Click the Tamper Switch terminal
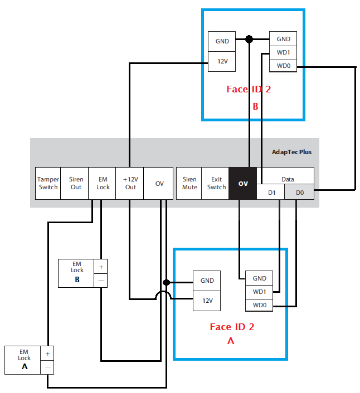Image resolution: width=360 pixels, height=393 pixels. click(48, 183)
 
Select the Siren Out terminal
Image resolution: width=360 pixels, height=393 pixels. click(76, 183)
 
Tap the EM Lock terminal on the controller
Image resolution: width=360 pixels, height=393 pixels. click(103, 183)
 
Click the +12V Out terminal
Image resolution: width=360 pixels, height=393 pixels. click(129, 183)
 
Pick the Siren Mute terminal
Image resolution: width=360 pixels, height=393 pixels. click(189, 183)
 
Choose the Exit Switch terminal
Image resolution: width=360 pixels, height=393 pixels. click(216, 183)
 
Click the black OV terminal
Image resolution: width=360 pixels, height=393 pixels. click(243, 183)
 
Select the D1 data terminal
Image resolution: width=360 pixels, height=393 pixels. click(271, 192)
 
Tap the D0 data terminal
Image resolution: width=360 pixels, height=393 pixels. click(299, 192)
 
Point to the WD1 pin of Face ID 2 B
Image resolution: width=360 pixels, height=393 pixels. click(283, 53)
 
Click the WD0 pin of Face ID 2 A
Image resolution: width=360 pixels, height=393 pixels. click(259, 305)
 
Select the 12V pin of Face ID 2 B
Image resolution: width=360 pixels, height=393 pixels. click(222, 61)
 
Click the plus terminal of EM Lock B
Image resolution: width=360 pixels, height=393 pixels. click(101, 266)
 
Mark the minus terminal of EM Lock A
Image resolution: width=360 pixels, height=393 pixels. click(48, 367)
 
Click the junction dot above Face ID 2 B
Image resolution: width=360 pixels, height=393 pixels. click(250, 39)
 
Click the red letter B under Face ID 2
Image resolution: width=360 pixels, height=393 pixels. click(255, 106)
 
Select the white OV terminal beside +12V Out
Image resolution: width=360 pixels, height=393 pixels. click(159, 183)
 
